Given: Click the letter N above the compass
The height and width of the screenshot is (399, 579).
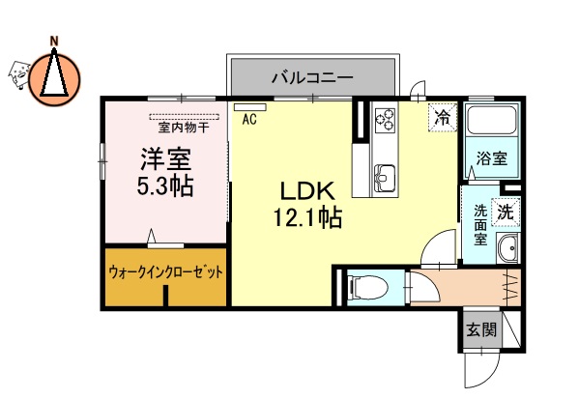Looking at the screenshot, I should (x=55, y=40).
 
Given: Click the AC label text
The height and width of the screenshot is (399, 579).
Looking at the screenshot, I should (x=249, y=120).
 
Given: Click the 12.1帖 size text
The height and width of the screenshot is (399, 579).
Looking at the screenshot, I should (x=304, y=218).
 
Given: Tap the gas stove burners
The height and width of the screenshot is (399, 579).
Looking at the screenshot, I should (x=384, y=121).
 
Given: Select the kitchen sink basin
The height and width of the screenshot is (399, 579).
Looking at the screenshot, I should (x=383, y=175).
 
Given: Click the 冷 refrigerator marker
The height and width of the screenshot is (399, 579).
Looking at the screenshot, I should (x=442, y=119).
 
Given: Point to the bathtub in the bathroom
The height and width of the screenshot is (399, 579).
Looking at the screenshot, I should (x=493, y=124).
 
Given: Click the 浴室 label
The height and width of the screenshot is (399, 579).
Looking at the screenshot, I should (x=492, y=160).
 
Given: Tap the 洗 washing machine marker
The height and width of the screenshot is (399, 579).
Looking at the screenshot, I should (x=506, y=209).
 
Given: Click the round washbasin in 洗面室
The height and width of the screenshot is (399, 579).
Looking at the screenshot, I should (x=508, y=250).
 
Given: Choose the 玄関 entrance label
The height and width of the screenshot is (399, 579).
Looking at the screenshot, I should (x=481, y=330).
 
